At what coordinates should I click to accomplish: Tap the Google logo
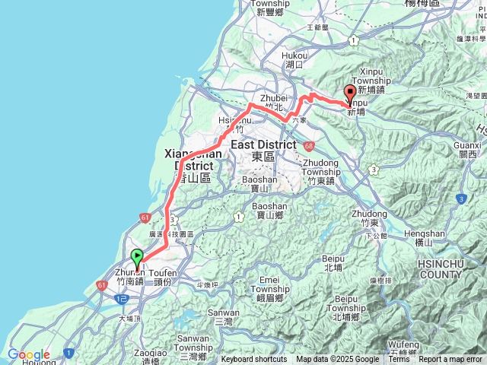(28, 354)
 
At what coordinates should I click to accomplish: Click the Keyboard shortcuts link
(254, 360)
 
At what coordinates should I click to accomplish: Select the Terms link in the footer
(399, 360)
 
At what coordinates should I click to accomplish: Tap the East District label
(263, 144)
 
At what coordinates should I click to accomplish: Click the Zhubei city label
(272, 98)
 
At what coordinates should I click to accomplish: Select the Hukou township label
(294, 56)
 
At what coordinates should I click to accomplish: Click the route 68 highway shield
(307, 145)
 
